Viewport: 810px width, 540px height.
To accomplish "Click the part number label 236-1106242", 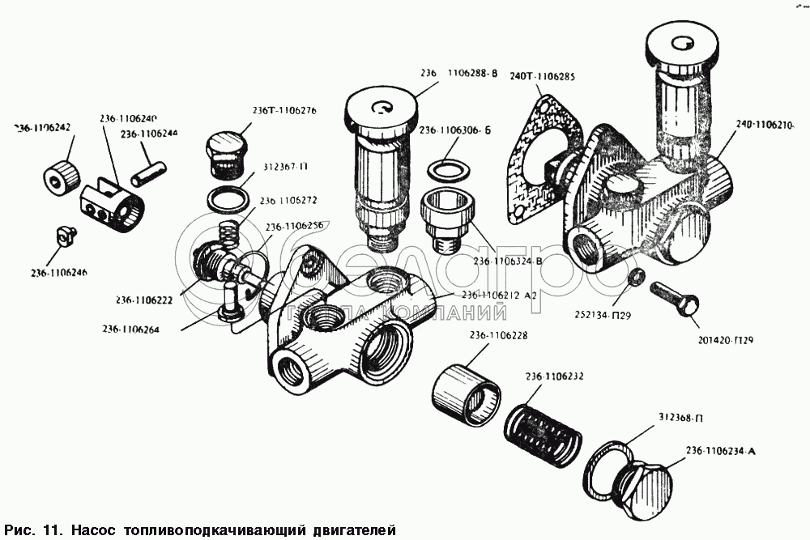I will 43,127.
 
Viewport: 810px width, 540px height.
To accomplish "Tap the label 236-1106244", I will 150,134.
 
